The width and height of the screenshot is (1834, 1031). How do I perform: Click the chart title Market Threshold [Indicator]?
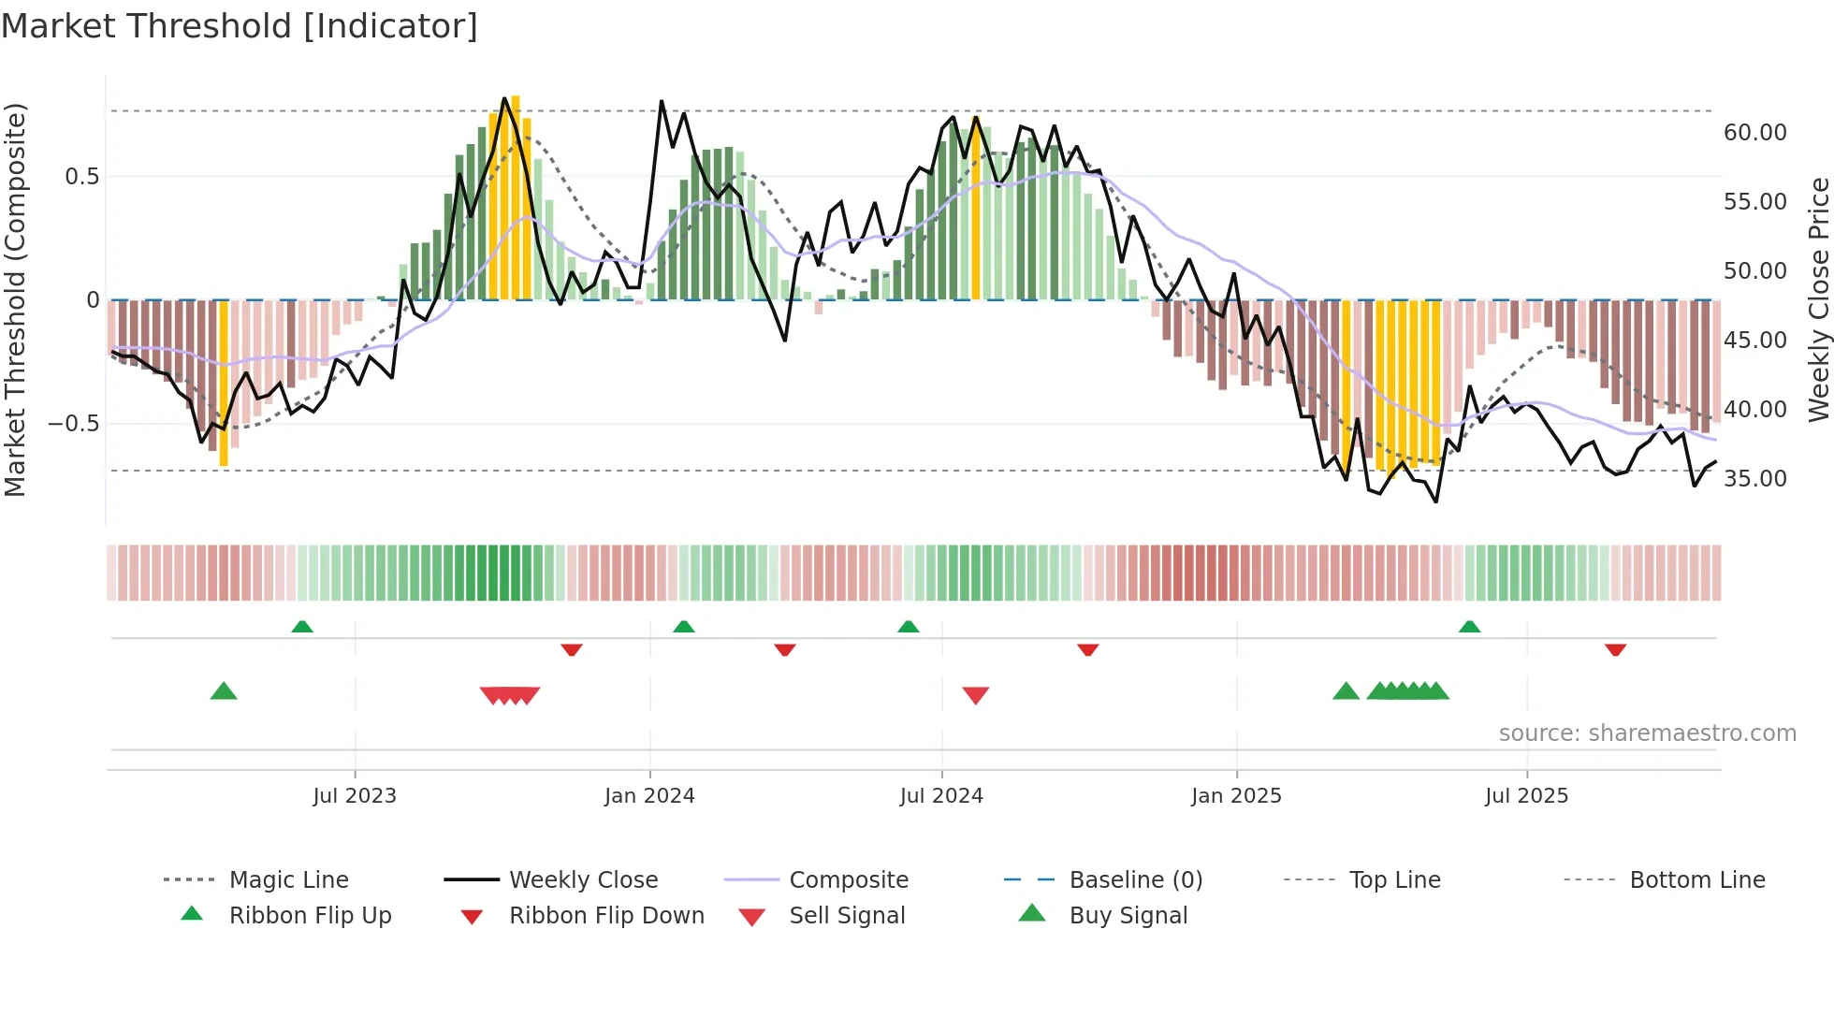(240, 26)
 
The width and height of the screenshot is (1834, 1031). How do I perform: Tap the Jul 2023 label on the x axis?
(355, 796)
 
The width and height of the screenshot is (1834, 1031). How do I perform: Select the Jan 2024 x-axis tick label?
(649, 796)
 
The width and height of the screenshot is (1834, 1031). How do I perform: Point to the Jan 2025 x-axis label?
(1236, 796)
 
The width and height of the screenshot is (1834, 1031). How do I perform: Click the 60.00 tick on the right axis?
(1754, 133)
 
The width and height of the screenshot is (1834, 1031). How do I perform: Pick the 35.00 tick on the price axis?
(1754, 479)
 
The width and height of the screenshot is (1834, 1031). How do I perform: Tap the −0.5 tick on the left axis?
(74, 424)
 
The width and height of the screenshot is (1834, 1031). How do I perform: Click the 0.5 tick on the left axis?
(81, 177)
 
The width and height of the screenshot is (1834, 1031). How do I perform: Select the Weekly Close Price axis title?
(1818, 299)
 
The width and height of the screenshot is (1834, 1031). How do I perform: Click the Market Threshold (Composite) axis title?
(15, 299)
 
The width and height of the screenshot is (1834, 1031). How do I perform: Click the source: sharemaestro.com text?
(1647, 733)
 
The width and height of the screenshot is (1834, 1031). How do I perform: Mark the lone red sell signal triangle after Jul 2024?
(975, 695)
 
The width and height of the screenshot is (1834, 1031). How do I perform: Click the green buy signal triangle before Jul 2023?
(224, 691)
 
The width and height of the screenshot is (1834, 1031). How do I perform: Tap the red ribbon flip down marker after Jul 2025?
(1615, 649)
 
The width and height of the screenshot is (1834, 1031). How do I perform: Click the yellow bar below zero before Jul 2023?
(224, 384)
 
